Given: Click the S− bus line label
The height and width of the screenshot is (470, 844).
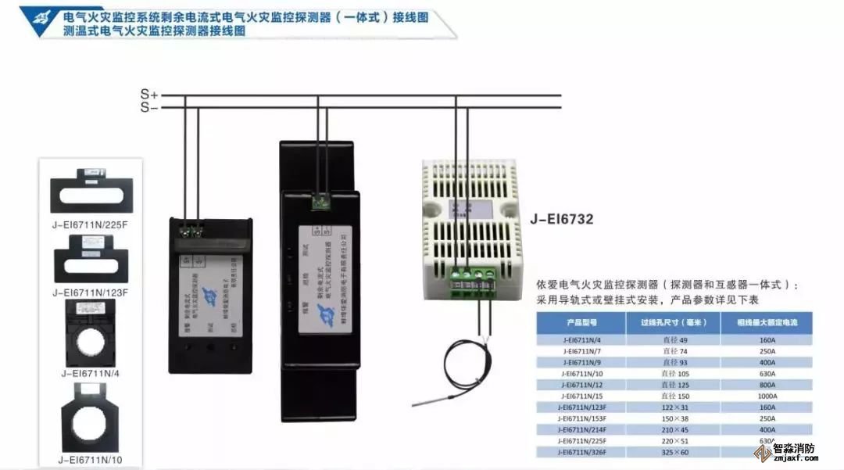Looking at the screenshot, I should [148, 107].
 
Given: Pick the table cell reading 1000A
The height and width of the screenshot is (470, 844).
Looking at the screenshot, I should [767, 396].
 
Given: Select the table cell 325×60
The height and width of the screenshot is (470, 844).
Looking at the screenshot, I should [673, 452].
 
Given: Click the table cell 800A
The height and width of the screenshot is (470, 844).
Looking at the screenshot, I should [767, 385].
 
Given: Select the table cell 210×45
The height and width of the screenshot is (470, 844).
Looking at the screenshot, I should [673, 429].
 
